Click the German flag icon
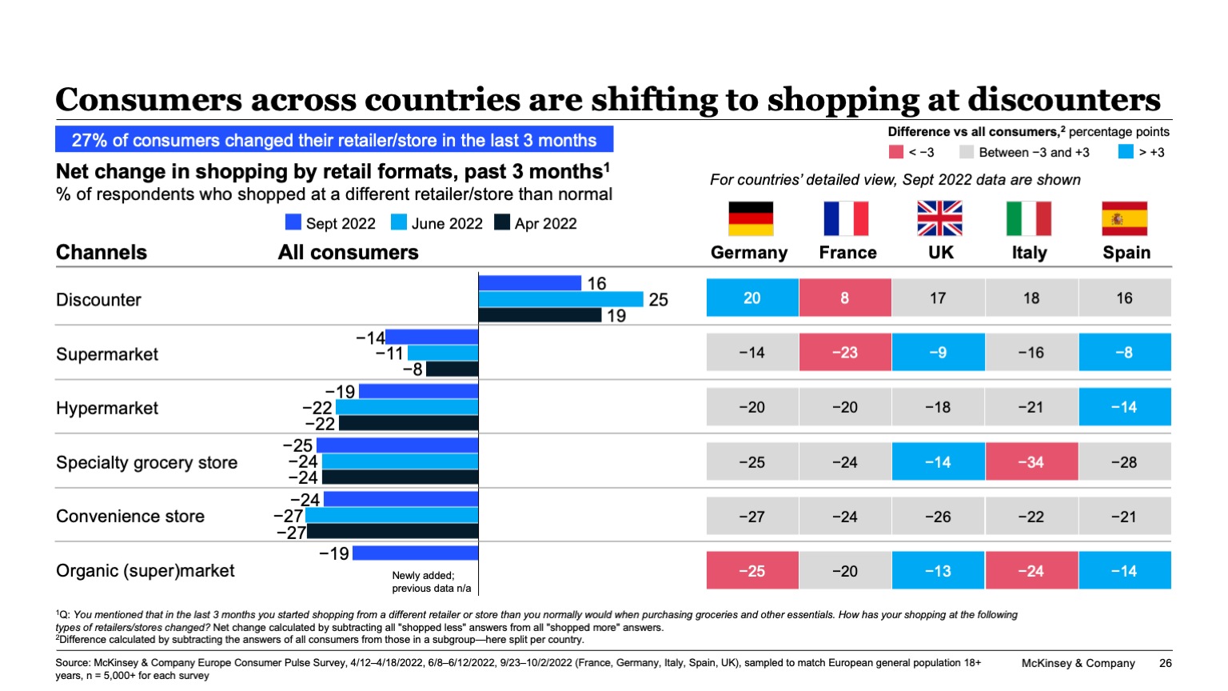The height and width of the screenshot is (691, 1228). tap(751, 218)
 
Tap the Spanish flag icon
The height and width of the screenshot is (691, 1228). tap(1124, 218)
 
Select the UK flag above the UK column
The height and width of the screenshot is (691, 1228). tap(939, 218)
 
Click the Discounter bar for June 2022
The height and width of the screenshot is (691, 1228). tap(560, 299)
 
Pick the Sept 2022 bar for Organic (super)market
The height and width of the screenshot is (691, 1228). tap(415, 553)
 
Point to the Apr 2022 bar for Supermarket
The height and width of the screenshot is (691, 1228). tap(452, 369)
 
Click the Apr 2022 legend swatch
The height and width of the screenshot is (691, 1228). tap(502, 222)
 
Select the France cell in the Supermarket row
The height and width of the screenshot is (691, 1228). tap(845, 353)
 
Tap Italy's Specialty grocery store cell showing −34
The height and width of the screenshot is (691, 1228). tap(1031, 462)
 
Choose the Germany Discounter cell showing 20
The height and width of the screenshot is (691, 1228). tap(752, 298)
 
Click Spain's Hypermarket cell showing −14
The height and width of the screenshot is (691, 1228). tap(1124, 407)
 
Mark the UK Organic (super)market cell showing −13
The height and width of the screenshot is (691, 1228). tap(938, 571)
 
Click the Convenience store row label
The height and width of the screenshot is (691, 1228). tap(130, 517)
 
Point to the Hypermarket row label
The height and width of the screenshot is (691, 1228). tap(107, 409)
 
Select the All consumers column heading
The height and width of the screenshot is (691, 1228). tap(348, 253)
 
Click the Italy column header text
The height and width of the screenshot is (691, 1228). tap(1029, 253)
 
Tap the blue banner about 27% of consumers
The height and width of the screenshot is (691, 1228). tap(334, 140)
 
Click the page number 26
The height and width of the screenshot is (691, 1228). tap(1165, 663)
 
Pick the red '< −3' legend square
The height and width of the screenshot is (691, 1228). tap(896, 152)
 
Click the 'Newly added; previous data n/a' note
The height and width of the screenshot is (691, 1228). tap(431, 581)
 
